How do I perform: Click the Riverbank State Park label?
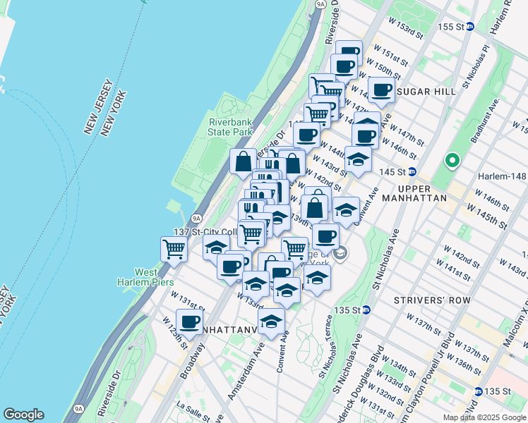point(230,127)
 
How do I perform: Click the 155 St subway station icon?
point(489,27)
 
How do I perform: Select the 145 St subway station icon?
point(413,172)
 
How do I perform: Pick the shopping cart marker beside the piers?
point(174,248)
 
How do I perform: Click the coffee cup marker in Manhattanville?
point(189,322)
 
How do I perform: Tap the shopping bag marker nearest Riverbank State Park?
point(243,161)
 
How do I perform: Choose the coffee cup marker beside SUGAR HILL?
point(381,90)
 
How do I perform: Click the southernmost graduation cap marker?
point(270,321)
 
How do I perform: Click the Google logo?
point(23,415)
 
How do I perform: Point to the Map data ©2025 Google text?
point(484,417)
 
